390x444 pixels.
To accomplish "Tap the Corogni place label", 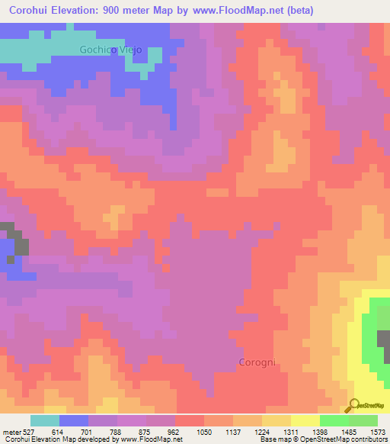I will (257, 362).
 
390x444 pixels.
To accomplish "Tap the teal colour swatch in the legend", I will (45, 420).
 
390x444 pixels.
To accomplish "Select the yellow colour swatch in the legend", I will (305, 420).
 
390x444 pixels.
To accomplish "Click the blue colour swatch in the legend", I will (74, 420).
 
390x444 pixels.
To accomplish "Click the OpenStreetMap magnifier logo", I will (353, 405).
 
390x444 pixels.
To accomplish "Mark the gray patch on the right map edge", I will (383, 343).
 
